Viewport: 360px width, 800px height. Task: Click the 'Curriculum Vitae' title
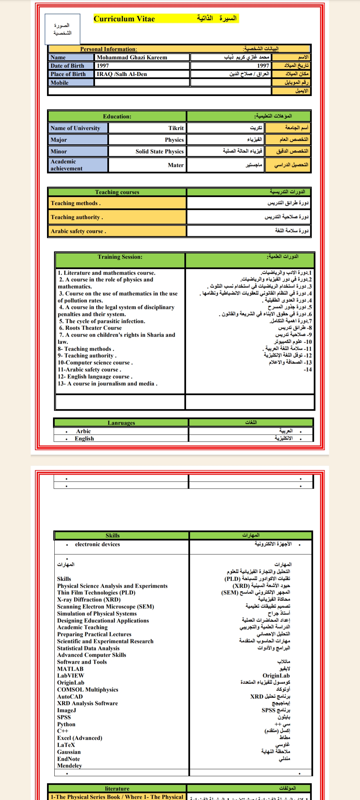tap(124, 19)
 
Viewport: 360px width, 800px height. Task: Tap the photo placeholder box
tap(63, 29)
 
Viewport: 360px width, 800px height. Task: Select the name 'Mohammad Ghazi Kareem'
tap(132, 57)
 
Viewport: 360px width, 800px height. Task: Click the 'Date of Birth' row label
tap(67, 66)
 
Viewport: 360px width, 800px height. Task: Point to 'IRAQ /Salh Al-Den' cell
tap(122, 74)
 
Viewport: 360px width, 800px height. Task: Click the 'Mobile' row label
tap(60, 83)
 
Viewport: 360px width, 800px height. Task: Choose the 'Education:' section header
tap(117, 116)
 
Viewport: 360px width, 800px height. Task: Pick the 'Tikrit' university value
tap(176, 128)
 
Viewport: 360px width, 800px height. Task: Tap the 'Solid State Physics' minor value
tap(159, 151)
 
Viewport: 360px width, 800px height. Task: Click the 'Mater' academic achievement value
tap(175, 165)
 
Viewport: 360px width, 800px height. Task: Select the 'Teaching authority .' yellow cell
tap(77, 217)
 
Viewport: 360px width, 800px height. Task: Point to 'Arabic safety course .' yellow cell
tap(78, 231)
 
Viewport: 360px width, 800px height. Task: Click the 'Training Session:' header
tap(120, 257)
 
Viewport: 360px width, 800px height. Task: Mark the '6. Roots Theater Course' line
tap(90, 328)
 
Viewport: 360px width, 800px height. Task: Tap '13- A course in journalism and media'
tap(107, 384)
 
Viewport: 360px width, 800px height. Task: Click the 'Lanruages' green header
tap(121, 423)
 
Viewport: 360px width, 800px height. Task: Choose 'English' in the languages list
tap(84, 439)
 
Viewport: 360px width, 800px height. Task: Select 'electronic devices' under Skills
tap(97, 544)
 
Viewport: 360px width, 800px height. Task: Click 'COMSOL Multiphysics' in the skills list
tap(88, 690)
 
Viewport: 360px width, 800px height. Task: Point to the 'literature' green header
tap(117, 789)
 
